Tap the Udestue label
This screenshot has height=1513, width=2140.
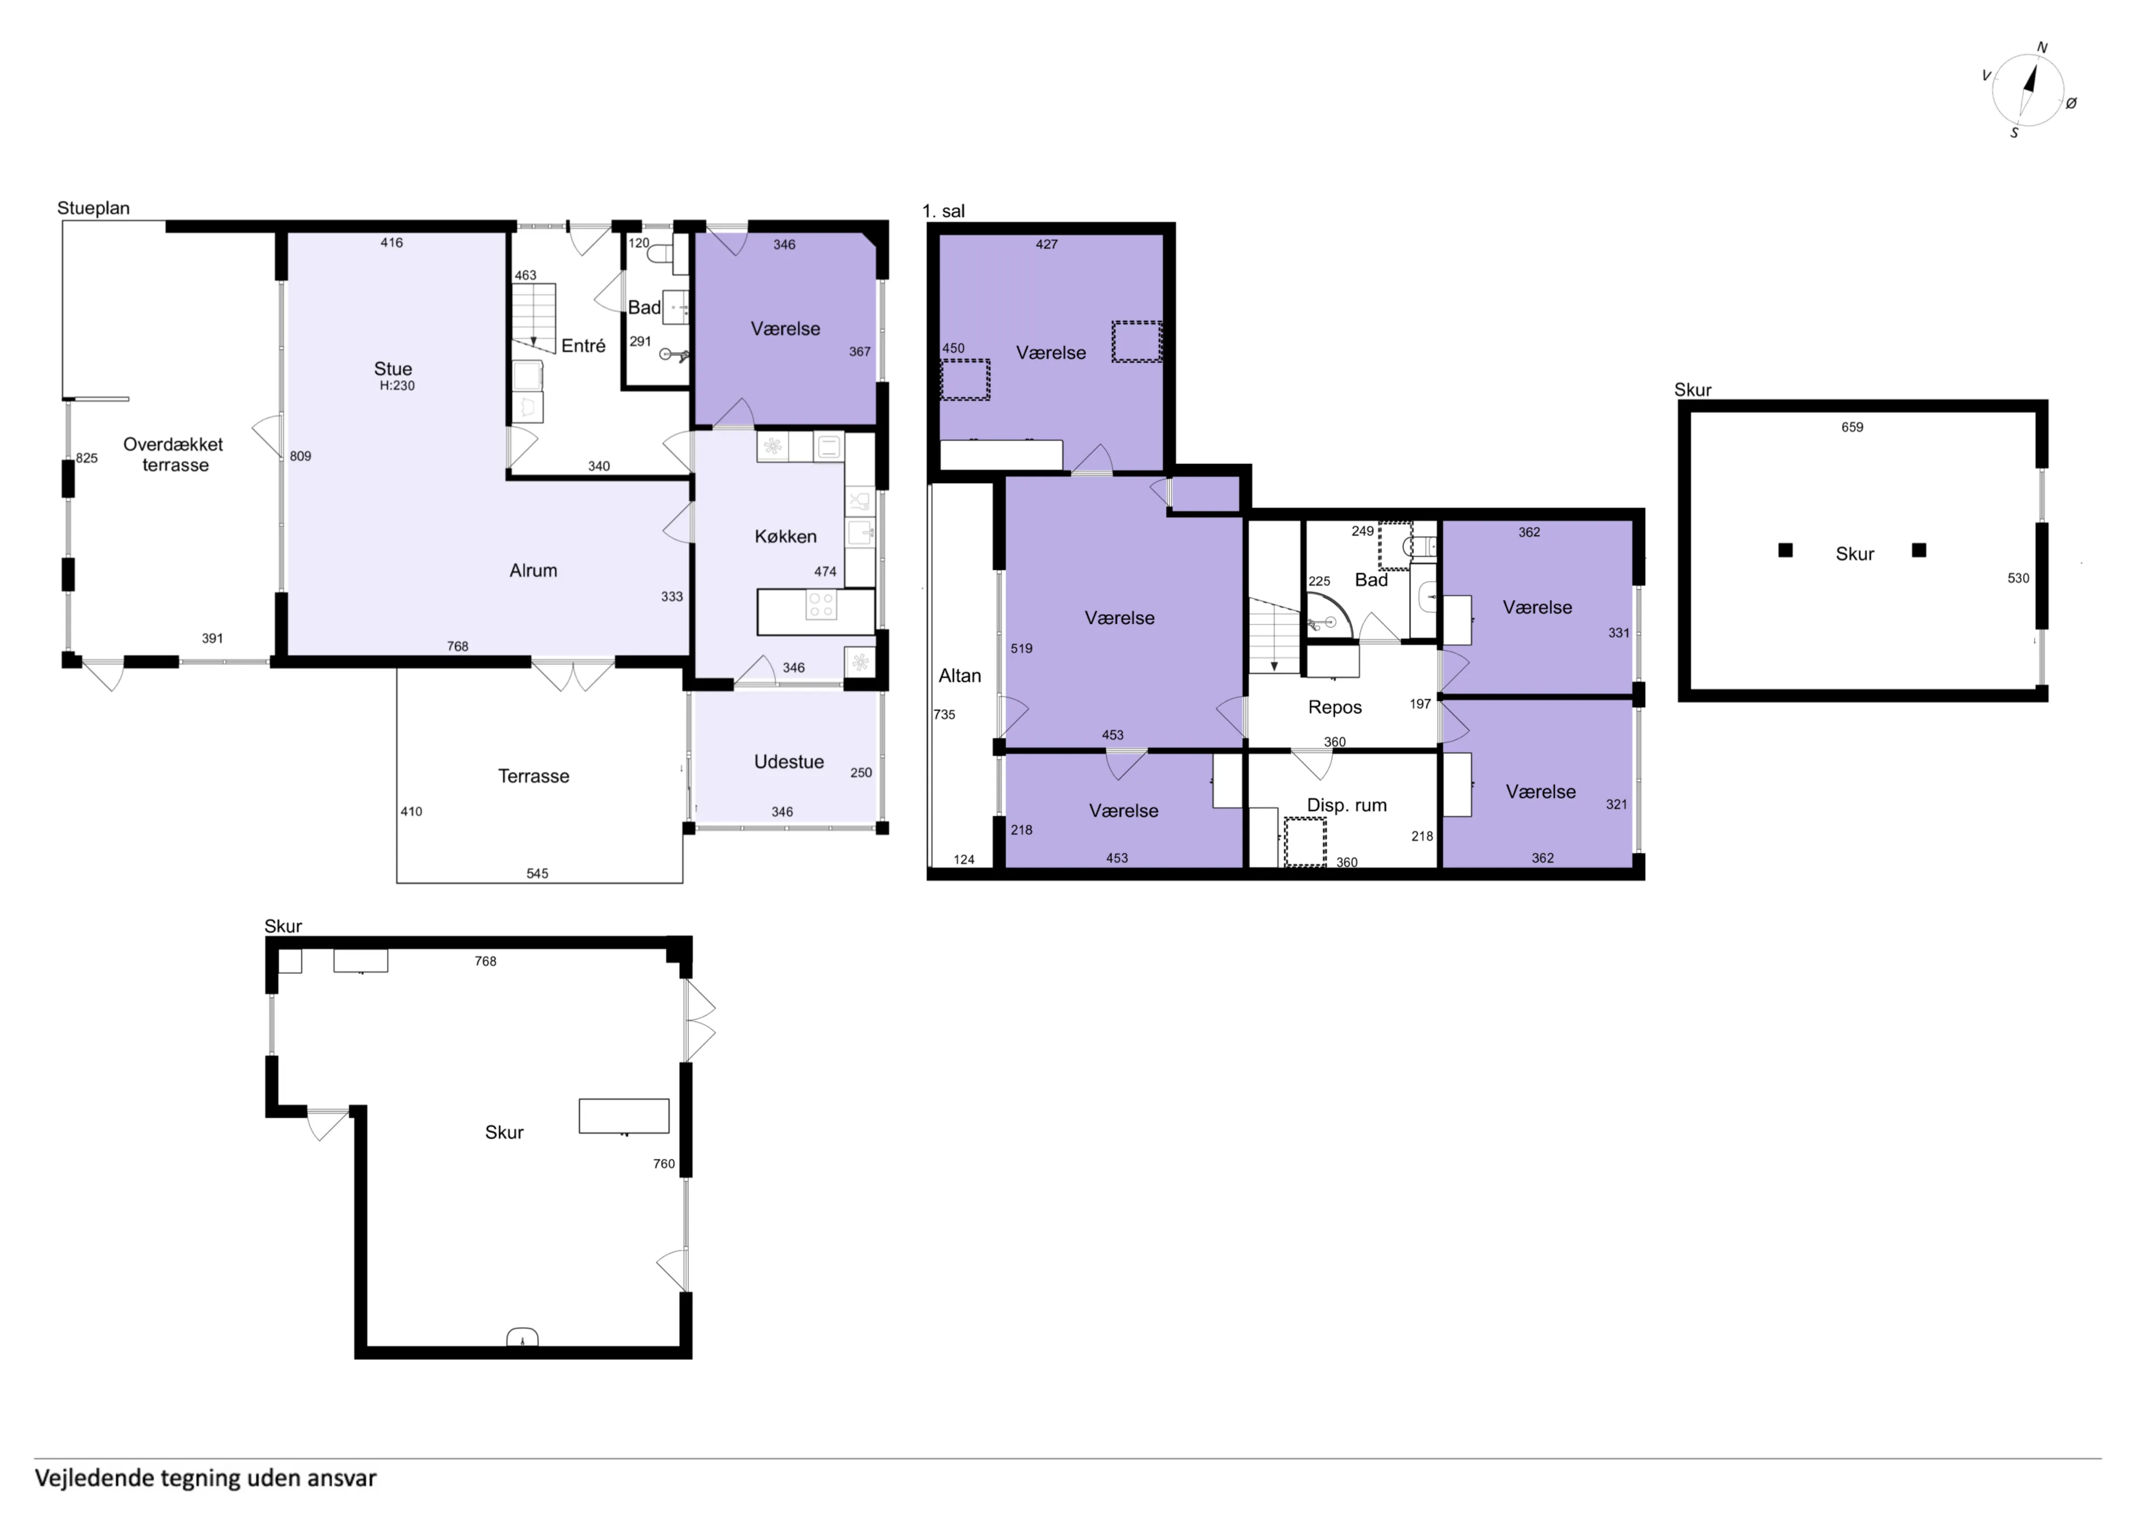[x=789, y=762]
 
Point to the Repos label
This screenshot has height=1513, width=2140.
[x=1335, y=707]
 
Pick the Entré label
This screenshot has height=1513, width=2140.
[x=583, y=346]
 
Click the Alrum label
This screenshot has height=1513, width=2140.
[x=533, y=571]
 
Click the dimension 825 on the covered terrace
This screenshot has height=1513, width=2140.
[x=87, y=458]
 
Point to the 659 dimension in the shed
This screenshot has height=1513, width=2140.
[x=1852, y=427]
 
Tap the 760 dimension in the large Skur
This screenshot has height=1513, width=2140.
[x=664, y=1164]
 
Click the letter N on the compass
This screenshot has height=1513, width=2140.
[x=2042, y=47]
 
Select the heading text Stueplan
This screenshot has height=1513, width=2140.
[x=93, y=208]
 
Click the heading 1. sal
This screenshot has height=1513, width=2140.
[x=943, y=211]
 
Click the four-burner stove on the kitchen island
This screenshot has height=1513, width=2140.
[x=821, y=605]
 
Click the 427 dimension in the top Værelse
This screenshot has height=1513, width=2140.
[x=1047, y=244]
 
